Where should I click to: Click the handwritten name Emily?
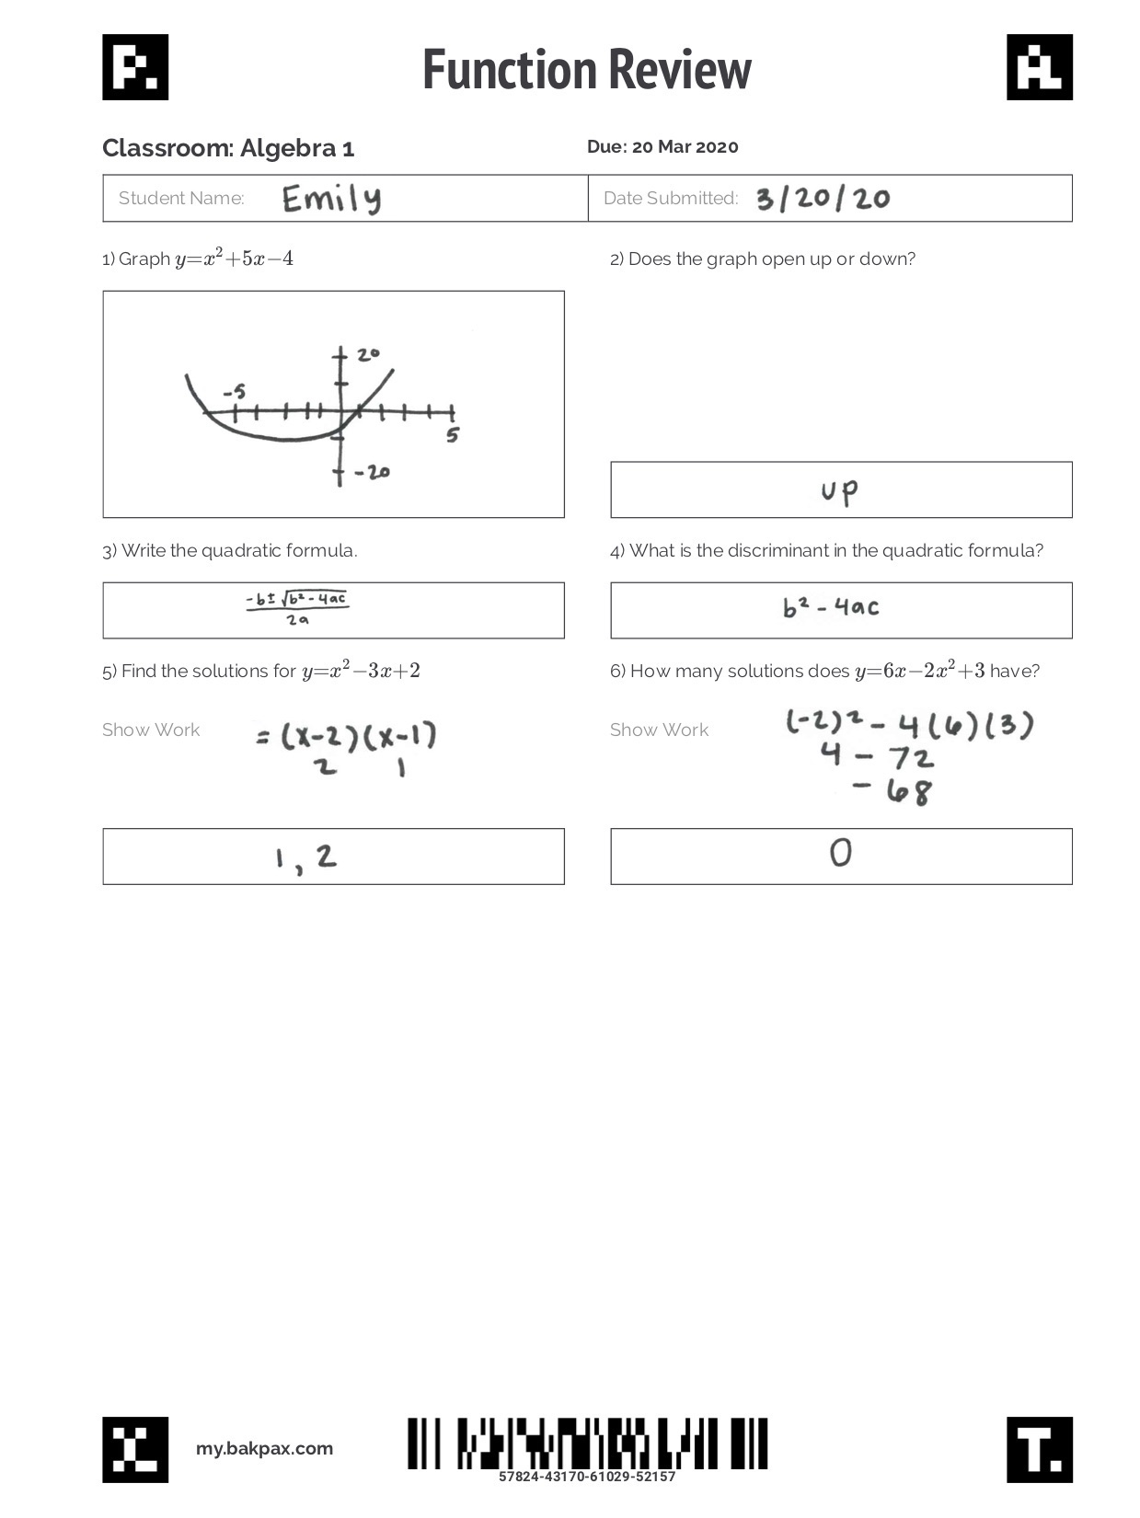(331, 199)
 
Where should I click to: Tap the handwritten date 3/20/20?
(823, 199)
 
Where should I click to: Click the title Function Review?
(587, 70)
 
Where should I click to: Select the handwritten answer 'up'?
(839, 491)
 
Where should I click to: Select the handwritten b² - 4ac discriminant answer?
(831, 607)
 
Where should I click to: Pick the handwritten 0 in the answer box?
(840, 854)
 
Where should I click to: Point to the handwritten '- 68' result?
(892, 790)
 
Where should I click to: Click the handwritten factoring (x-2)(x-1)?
(346, 736)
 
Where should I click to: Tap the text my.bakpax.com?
(264, 1449)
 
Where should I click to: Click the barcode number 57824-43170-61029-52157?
(587, 1477)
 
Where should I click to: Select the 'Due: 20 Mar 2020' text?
(662, 147)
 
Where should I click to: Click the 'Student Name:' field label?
(181, 199)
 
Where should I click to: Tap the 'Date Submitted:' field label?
(671, 199)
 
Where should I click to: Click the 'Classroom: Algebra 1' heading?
(228, 148)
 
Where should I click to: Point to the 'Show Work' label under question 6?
(659, 730)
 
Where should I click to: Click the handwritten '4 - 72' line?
(877, 757)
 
